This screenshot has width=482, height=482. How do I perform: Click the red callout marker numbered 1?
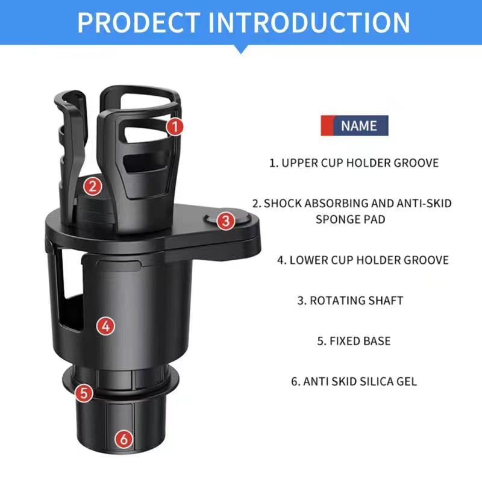[174, 127]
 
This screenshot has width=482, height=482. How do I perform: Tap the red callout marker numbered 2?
[92, 186]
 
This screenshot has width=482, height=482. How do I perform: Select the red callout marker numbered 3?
[225, 221]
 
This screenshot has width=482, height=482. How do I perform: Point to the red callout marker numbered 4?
[106, 326]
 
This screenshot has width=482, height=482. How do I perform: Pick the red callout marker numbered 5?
[84, 393]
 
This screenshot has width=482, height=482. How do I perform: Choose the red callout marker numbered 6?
[124, 439]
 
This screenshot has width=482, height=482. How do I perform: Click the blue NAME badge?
[359, 126]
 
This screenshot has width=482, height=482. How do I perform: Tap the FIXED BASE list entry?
[354, 341]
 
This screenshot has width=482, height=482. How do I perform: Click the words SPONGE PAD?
[351, 219]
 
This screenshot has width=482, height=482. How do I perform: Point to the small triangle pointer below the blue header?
[241, 49]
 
